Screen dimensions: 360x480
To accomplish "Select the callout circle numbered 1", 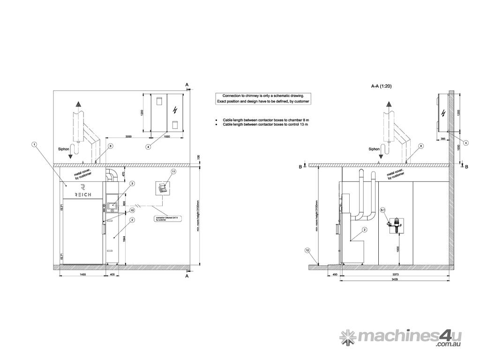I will [34, 144].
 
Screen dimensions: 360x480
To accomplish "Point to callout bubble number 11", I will [173, 172].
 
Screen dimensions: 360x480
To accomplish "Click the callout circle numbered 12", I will [307, 250].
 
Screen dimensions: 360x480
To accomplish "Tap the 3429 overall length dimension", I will [395, 279].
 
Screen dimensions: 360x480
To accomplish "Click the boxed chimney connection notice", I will [263, 98].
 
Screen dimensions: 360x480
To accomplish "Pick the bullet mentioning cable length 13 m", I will [265, 125].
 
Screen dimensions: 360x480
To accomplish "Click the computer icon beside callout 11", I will [163, 188].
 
